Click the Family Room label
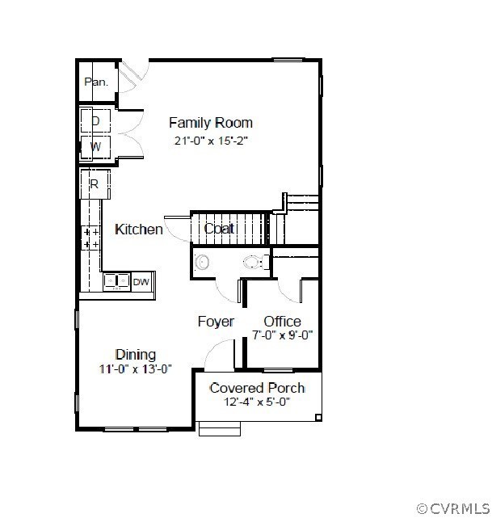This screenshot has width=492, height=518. [x=211, y=123]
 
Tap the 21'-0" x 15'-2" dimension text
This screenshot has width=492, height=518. [x=211, y=141]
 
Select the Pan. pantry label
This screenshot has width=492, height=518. [x=96, y=82]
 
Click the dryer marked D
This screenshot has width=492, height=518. [x=95, y=121]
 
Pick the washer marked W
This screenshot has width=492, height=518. [x=95, y=146]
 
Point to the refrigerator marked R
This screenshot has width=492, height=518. [x=95, y=184]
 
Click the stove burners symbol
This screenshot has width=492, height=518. [x=91, y=238]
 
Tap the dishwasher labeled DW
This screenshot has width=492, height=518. [x=142, y=282]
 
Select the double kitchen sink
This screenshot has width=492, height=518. [x=116, y=281]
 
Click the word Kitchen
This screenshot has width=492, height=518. [x=139, y=230]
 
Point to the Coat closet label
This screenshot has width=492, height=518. [x=219, y=229]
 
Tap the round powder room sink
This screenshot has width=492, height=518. [x=202, y=263]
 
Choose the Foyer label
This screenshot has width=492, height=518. [x=216, y=322]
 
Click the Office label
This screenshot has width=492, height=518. [x=282, y=321]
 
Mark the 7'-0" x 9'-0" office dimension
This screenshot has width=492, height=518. [x=282, y=335]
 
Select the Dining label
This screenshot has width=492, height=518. [x=136, y=355]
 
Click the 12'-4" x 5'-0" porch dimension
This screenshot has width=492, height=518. [x=257, y=402]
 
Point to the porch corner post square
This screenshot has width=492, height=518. [x=318, y=418]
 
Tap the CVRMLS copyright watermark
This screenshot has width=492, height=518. [x=453, y=508]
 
